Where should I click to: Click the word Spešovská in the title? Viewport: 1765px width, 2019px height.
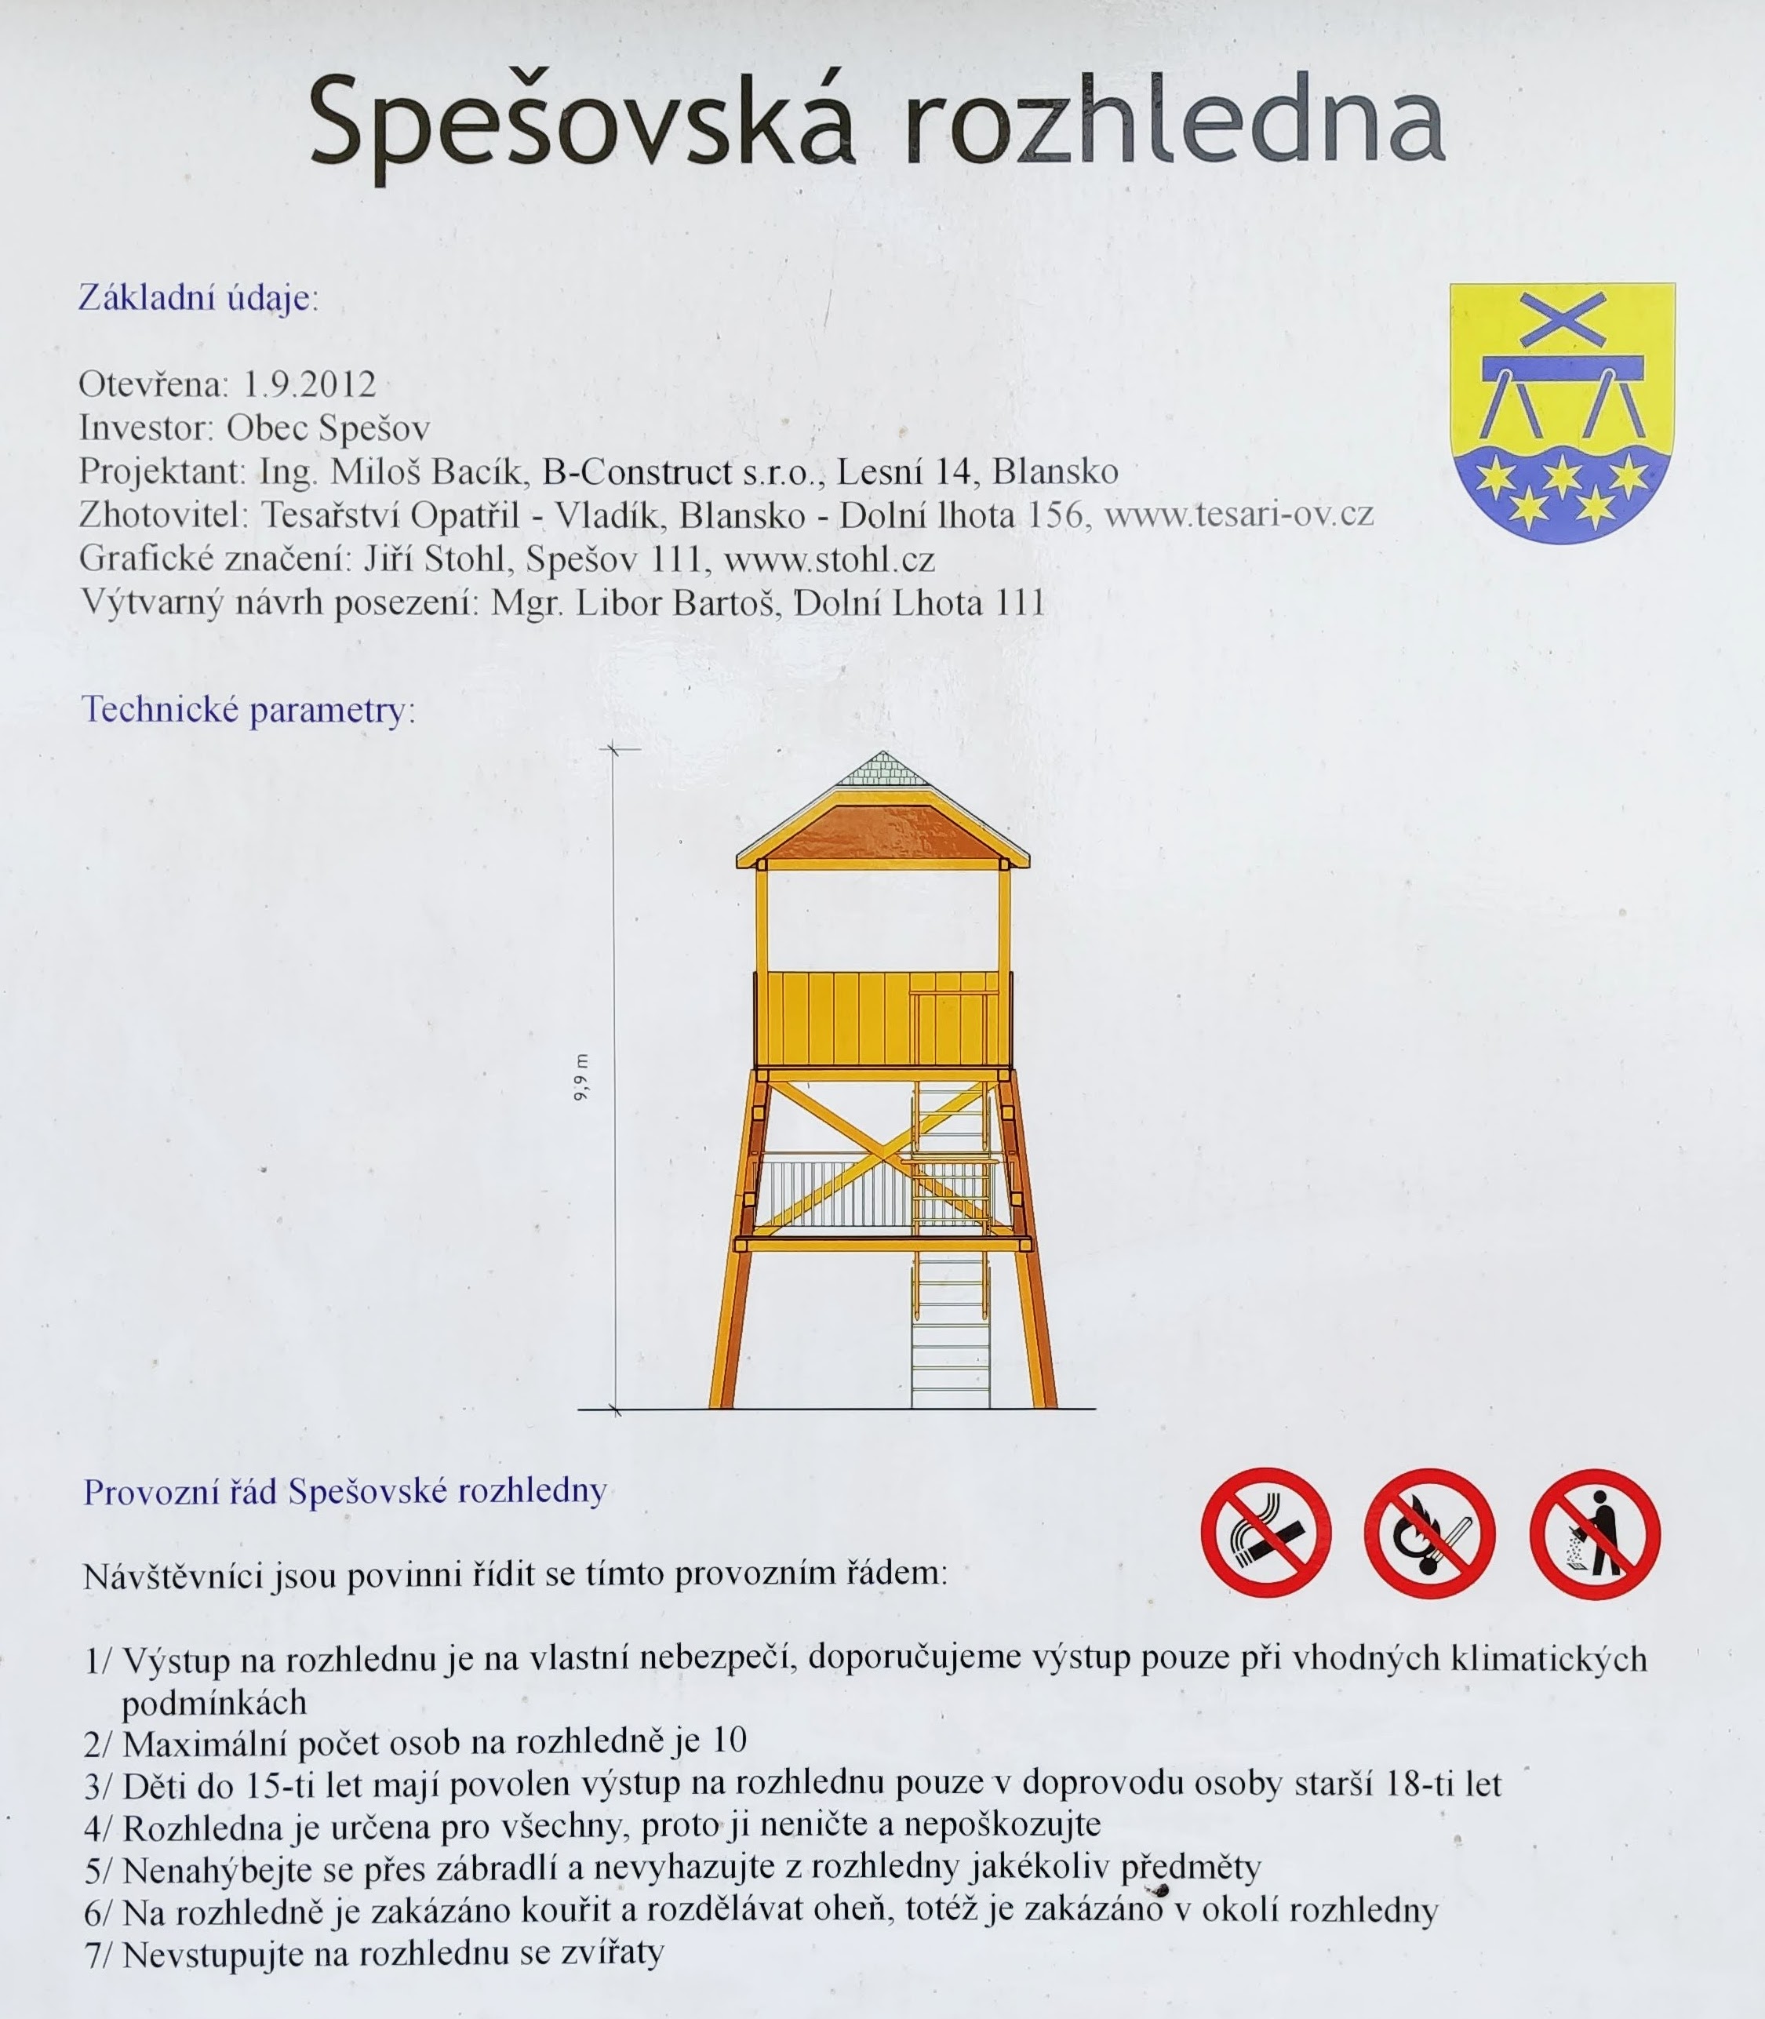tap(581, 124)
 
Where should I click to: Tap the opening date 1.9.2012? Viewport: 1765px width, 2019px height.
tap(309, 384)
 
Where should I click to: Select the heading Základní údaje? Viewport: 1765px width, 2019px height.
tap(198, 297)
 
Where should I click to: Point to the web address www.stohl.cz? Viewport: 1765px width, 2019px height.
tap(828, 559)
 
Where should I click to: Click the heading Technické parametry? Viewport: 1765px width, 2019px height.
tap(247, 710)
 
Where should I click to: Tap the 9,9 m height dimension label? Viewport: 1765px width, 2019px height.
tap(581, 1076)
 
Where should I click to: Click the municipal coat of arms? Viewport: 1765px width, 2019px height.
tap(1562, 413)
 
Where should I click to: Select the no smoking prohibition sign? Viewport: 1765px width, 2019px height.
tap(1265, 1533)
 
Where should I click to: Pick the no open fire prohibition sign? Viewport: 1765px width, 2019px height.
tap(1429, 1533)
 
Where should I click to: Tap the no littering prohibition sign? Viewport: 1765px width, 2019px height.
tap(1595, 1533)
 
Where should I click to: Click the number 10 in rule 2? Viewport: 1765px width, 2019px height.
tap(730, 1741)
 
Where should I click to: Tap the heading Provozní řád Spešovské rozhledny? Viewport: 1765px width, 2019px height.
tap(344, 1491)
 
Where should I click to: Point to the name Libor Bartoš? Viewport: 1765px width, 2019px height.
tap(679, 602)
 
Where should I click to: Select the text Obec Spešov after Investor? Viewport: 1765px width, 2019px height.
tap(328, 428)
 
